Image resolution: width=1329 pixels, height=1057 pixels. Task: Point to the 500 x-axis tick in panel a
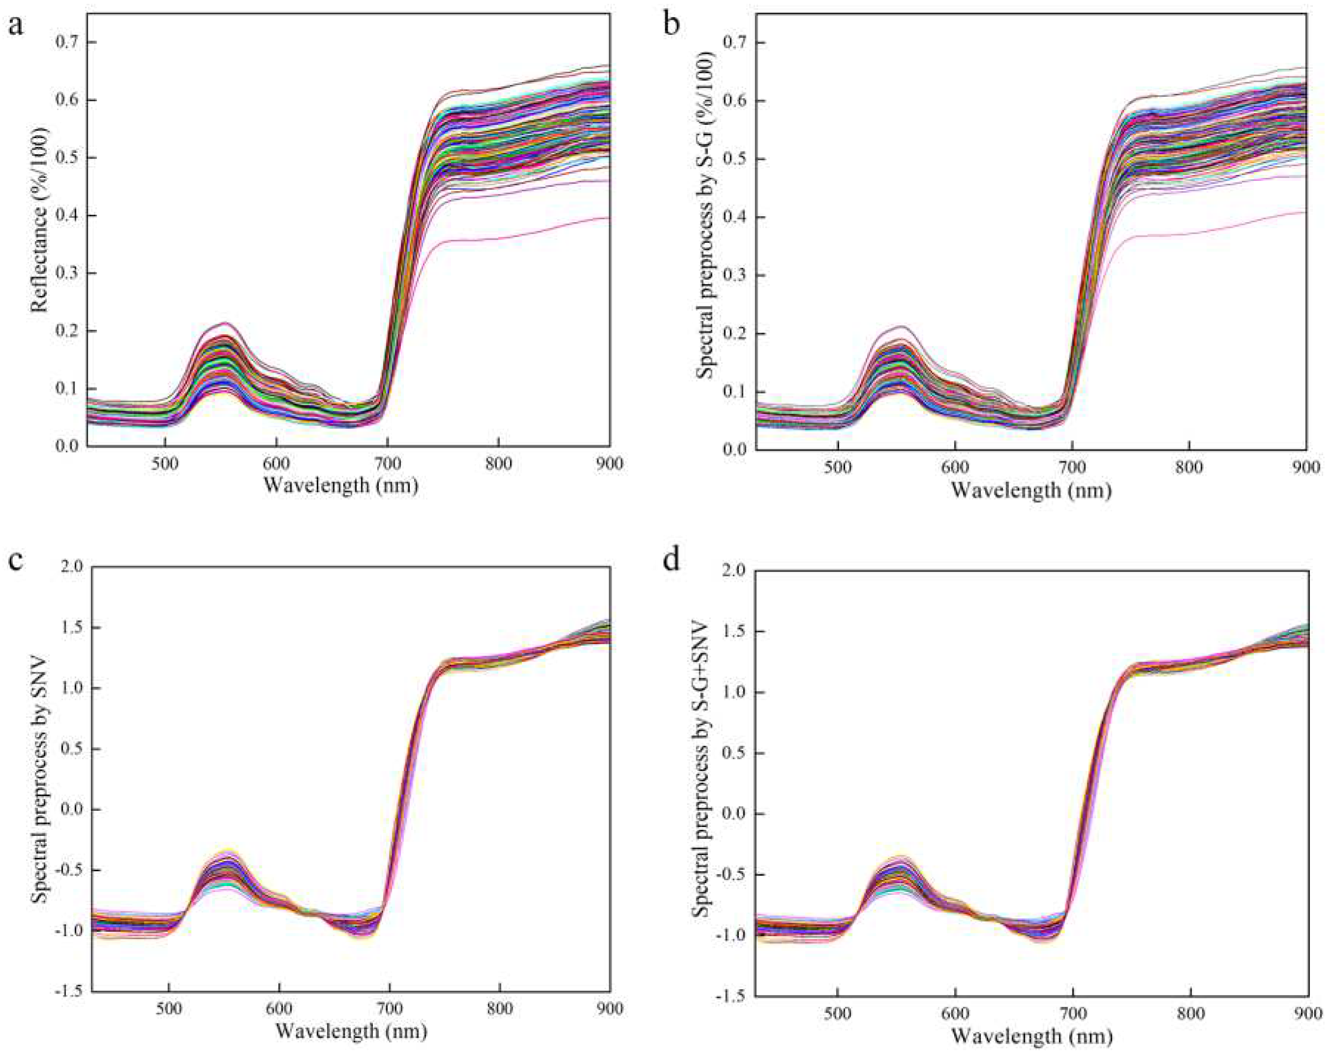[165, 464]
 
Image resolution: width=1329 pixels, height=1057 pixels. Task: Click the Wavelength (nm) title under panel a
[341, 486]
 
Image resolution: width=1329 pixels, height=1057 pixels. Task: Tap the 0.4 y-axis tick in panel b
[736, 217]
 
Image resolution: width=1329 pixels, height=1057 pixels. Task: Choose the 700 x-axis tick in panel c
[390, 1008]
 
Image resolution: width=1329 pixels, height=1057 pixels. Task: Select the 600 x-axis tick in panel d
[955, 1014]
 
